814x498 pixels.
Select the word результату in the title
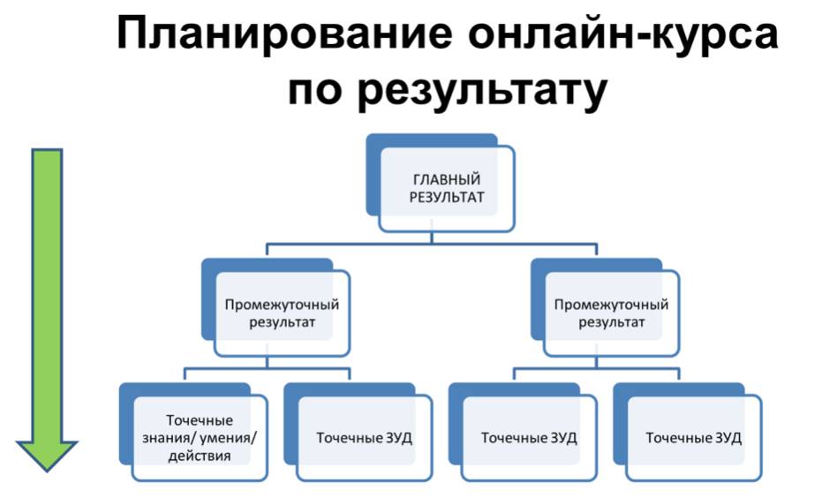pyautogui.click(x=482, y=92)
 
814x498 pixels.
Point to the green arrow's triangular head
pyautogui.click(x=48, y=456)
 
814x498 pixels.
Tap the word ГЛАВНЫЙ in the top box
pyautogui.click(x=447, y=179)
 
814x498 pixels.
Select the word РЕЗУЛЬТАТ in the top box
pyautogui.click(x=447, y=197)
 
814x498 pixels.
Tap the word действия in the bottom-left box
pyautogui.click(x=200, y=456)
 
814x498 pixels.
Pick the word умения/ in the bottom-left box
pyautogui.click(x=228, y=438)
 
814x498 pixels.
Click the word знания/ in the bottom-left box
pyautogui.click(x=168, y=438)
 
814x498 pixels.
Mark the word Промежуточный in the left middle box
pyautogui.click(x=282, y=305)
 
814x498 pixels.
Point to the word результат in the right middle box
pyautogui.click(x=612, y=322)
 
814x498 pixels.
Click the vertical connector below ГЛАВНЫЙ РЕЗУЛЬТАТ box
pyautogui.click(x=432, y=238)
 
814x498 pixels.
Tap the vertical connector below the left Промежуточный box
pyautogui.click(x=267, y=362)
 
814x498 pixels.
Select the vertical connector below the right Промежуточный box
pyautogui.click(x=597, y=362)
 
